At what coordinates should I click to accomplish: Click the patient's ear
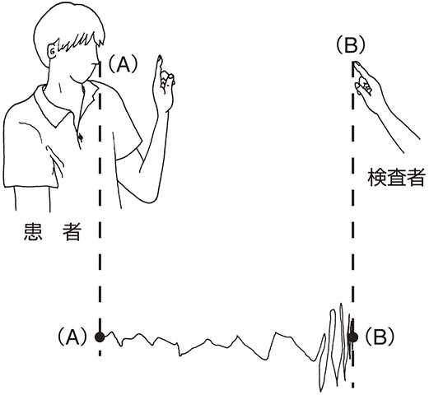[x=53, y=51]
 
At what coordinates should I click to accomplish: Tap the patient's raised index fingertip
[x=160, y=58]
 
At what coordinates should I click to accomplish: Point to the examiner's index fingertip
[x=357, y=63]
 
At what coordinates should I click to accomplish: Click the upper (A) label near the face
[x=123, y=64]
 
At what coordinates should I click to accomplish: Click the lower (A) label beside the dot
[x=72, y=337]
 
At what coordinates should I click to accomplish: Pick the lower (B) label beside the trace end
[x=380, y=337]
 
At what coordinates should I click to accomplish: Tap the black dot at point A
[x=100, y=337]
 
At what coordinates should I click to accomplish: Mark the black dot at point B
[x=352, y=337]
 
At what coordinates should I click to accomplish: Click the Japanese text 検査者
[x=397, y=177]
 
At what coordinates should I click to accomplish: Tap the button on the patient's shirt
[x=81, y=137]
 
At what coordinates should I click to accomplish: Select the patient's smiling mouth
[x=94, y=65]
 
